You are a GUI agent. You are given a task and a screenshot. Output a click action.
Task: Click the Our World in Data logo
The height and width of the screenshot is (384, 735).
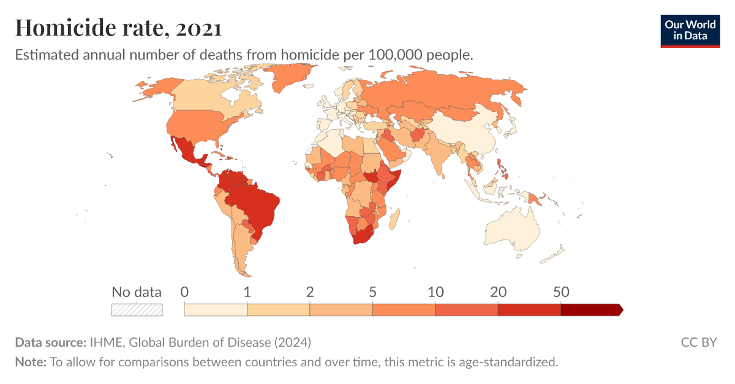(690, 31)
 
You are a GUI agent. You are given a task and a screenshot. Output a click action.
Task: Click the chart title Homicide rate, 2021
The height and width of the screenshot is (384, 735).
(118, 28)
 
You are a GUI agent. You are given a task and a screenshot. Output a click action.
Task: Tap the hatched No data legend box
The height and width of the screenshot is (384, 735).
(137, 310)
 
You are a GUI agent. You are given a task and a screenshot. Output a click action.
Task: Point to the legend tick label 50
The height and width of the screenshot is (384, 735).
(561, 292)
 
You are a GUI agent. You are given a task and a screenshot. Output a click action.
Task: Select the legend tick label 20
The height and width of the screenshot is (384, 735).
(498, 292)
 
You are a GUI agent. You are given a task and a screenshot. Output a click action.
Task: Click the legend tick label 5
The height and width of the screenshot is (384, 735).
(372, 292)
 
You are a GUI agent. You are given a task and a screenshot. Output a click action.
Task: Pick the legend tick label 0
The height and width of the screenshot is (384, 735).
(184, 292)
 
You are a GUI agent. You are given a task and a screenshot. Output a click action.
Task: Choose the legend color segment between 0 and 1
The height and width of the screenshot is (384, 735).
(216, 310)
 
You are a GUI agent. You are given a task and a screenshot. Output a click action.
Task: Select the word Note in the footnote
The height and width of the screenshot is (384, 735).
(30, 362)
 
